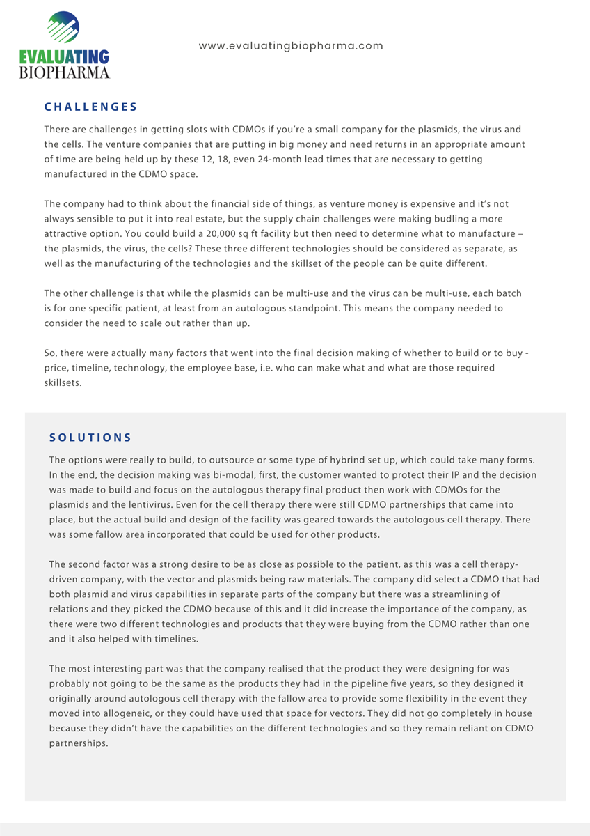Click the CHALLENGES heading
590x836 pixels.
coord(90,107)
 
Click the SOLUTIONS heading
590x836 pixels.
coord(90,438)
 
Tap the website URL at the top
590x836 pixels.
coord(291,46)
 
